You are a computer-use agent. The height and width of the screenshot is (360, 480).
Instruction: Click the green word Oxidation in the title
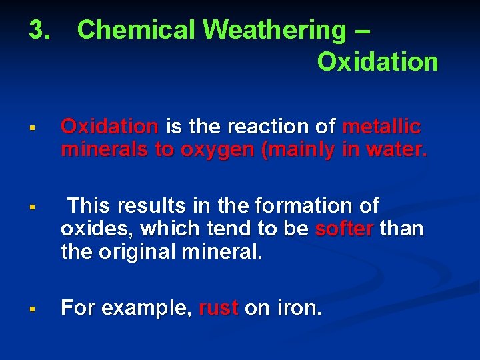click(377, 62)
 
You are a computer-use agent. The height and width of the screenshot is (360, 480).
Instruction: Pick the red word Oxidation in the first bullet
click(109, 126)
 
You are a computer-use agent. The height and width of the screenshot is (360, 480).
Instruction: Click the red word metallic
click(381, 126)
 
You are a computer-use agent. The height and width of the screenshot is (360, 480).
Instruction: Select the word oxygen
click(216, 149)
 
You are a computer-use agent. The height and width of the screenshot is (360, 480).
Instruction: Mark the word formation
click(301, 205)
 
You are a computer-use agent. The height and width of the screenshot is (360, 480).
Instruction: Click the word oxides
click(89, 229)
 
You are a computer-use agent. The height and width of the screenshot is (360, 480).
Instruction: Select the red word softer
click(344, 229)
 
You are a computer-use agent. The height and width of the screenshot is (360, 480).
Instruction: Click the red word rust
click(219, 308)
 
